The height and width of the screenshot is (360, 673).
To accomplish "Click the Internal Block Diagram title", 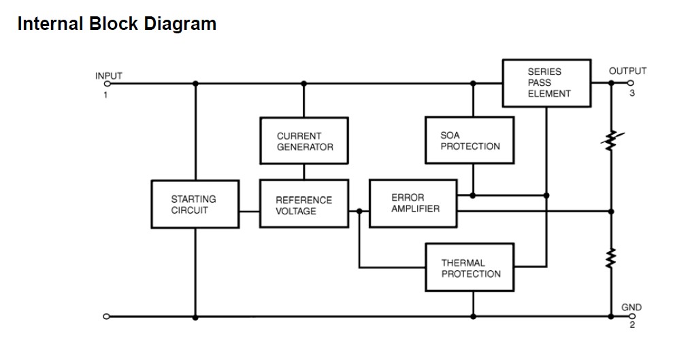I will pos(116,24).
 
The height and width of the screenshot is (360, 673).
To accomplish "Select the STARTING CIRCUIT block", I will pos(195,204).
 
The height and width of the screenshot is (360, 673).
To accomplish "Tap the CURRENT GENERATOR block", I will pos(304,141).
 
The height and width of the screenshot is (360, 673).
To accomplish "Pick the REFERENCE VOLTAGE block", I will pos(304,205).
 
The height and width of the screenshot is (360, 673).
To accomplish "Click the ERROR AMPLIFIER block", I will pos(414,203).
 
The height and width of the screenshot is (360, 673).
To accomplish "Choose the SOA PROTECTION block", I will pos(470,140).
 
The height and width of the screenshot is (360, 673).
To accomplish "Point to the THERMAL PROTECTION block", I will pos(470,268).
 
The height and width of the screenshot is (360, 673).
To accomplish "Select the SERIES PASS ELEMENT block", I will pos(546,82).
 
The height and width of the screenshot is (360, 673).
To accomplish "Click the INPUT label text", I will pos(109,76).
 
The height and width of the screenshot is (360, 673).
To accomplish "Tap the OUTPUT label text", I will pos(627,71).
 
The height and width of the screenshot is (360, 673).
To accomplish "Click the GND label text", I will pos(631,308).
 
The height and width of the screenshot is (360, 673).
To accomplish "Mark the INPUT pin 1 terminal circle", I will pos(106,84).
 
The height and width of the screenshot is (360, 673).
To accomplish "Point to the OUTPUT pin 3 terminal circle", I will pos(631,83).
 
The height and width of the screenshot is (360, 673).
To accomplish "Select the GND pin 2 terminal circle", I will pos(631,316).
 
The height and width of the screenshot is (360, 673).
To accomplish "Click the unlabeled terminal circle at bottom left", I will pos(106,316).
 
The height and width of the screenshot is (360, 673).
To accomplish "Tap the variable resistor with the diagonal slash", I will pos(611,140).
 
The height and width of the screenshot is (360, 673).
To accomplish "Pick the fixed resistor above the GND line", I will pos(611,258).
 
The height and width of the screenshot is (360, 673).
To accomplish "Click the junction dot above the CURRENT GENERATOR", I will pos(304,84).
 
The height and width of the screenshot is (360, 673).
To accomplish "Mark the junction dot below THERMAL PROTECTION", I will pos(472,316).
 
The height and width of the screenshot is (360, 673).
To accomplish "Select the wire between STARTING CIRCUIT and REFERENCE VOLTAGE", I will pos(249,210).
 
